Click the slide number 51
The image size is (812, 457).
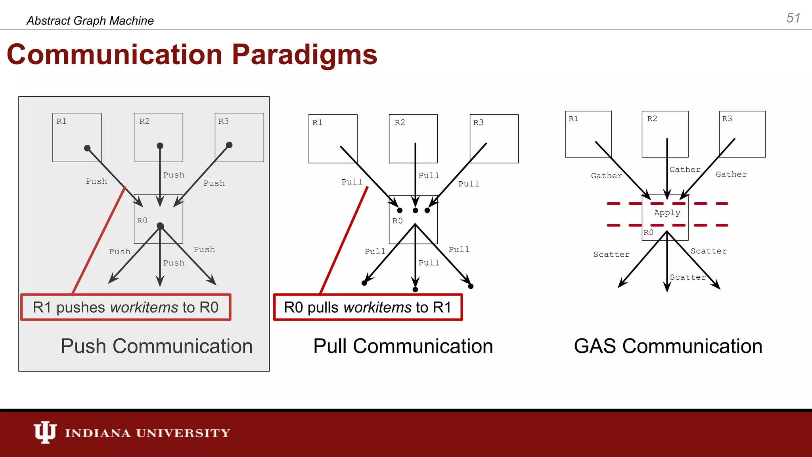pyautogui.click(x=793, y=18)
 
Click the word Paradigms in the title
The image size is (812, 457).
pyautogui.click(x=304, y=55)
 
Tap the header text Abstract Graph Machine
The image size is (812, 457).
pyautogui.click(x=90, y=21)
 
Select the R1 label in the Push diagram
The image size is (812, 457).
pyautogui.click(x=61, y=121)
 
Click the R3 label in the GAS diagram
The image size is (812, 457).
pyautogui.click(x=727, y=119)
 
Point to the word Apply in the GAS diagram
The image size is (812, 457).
pyautogui.click(x=667, y=213)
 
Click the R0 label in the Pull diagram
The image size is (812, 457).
pyautogui.click(x=397, y=221)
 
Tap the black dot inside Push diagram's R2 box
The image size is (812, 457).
pyautogui.click(x=160, y=146)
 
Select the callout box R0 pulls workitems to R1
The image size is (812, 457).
pyautogui.click(x=368, y=307)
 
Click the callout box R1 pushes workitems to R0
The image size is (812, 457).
pyautogui.click(x=126, y=307)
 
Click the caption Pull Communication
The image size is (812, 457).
pyautogui.click(x=403, y=346)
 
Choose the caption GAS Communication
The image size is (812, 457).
pyautogui.click(x=668, y=346)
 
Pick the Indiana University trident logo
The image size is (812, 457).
pyautogui.click(x=45, y=432)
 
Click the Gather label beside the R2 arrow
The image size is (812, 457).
pyautogui.click(x=685, y=170)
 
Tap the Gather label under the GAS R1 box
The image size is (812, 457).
pyautogui.click(x=606, y=176)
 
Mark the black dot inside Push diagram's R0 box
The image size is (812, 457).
pyautogui.click(x=160, y=226)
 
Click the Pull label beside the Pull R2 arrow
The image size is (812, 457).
pyautogui.click(x=429, y=176)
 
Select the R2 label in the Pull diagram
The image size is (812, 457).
pyautogui.click(x=400, y=123)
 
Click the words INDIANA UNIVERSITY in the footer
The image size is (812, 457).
pyautogui.click(x=147, y=433)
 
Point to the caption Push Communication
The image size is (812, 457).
pyautogui.click(x=157, y=346)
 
